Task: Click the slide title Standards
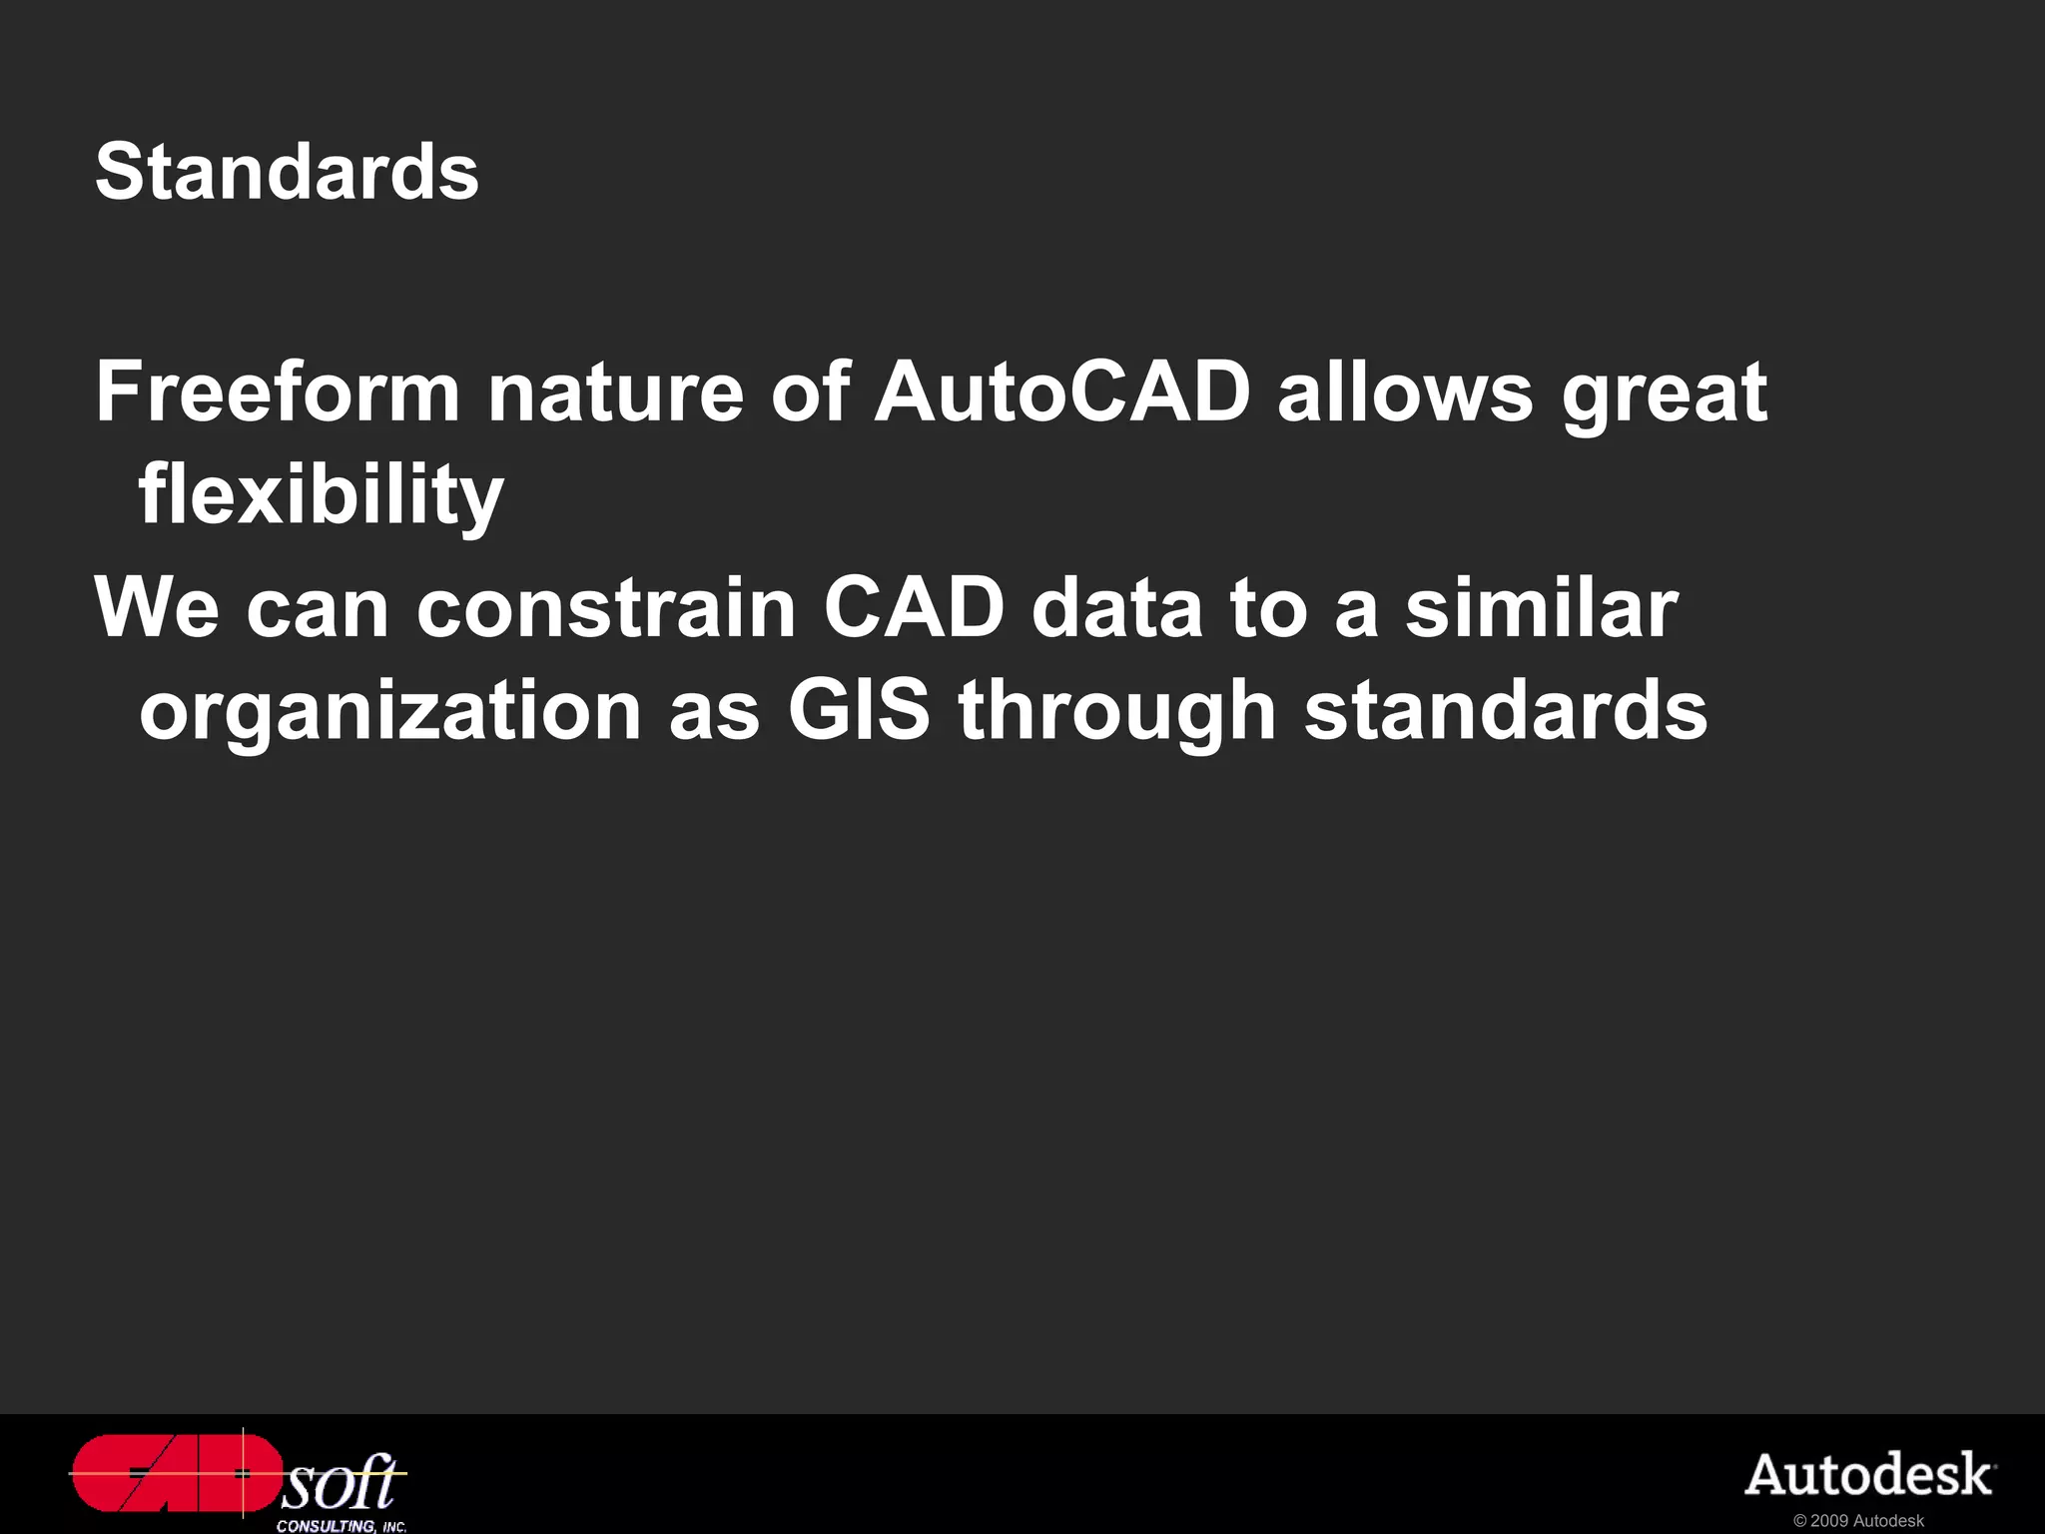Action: point(287,172)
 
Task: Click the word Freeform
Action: point(278,391)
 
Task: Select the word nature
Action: point(615,393)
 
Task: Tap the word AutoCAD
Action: point(1062,391)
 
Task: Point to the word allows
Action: point(1405,391)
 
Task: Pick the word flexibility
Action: point(321,496)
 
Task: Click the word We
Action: point(157,608)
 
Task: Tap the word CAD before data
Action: point(914,607)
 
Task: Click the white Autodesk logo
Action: point(1869,1475)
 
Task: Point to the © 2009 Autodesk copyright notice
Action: point(1858,1521)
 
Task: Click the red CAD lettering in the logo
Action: point(176,1473)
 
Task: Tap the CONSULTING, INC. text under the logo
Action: point(341,1526)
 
